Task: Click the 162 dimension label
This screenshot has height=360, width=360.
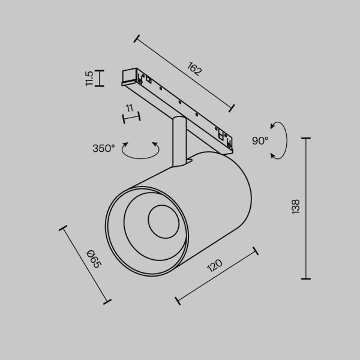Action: click(194, 70)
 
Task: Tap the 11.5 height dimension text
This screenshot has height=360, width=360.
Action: click(89, 78)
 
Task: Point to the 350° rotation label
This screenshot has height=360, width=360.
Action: click(103, 148)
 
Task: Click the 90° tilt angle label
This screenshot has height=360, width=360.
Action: click(260, 141)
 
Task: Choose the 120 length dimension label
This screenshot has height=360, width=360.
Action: click(214, 266)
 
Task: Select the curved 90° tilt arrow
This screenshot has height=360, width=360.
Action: click(282, 141)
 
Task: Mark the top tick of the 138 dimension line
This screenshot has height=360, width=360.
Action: click(307, 139)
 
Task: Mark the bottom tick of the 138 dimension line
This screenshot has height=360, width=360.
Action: click(307, 278)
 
